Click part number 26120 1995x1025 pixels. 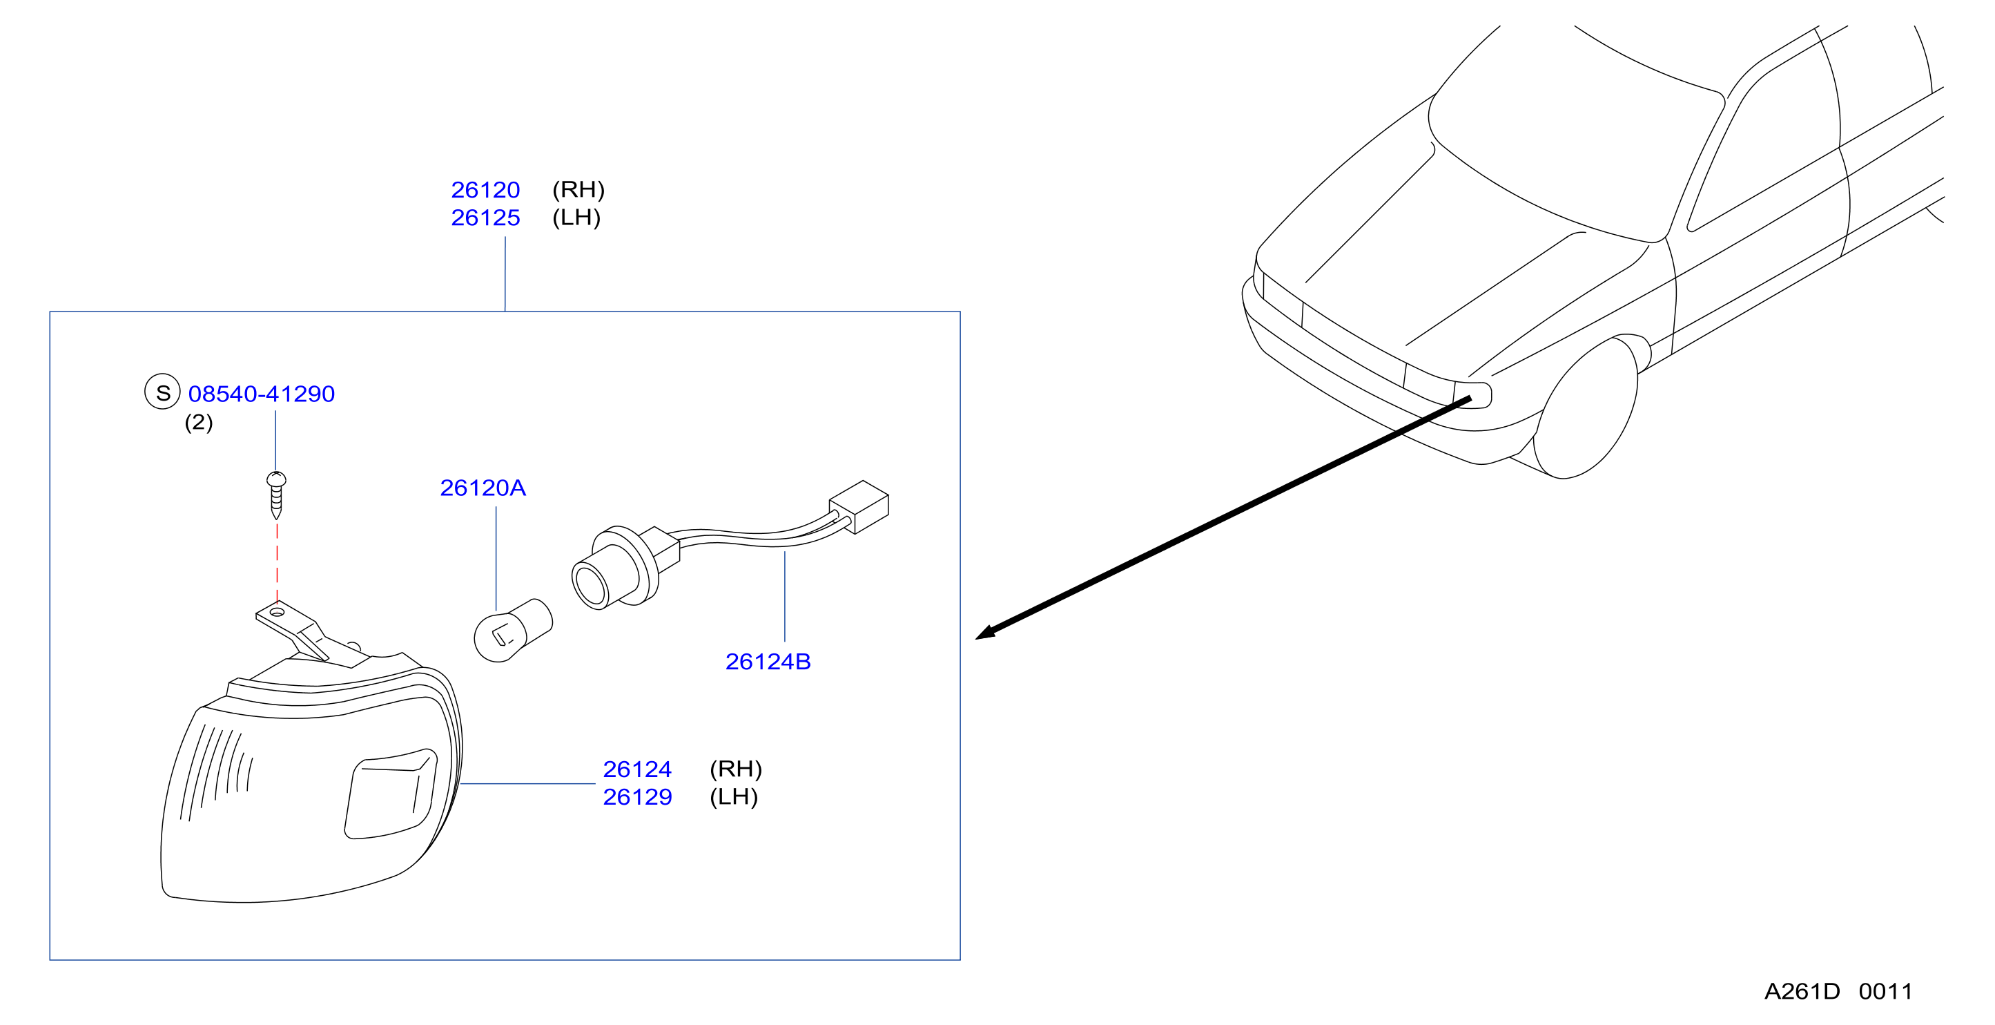click(x=485, y=190)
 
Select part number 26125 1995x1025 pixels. click(x=485, y=218)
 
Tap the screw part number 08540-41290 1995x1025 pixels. click(x=262, y=394)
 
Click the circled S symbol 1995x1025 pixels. click(x=163, y=392)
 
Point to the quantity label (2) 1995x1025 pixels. click(x=199, y=422)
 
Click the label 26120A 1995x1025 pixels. click(x=483, y=488)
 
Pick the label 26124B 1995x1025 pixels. click(x=768, y=662)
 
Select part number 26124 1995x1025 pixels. click(x=637, y=769)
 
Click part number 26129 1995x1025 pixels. click(x=637, y=797)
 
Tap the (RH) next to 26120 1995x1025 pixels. click(x=578, y=190)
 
